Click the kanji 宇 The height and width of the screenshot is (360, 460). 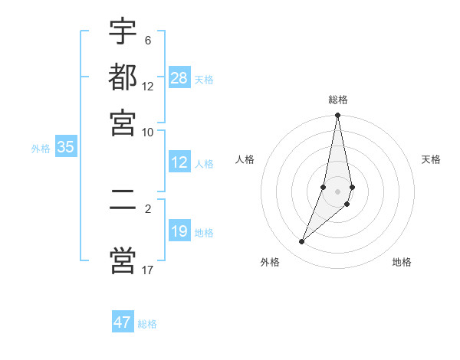[x=123, y=31]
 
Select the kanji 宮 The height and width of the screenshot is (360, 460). [x=123, y=122]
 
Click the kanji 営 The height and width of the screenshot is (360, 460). [x=123, y=259]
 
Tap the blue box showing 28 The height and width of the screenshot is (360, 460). [x=179, y=78]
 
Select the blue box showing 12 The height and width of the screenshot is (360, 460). [x=179, y=162]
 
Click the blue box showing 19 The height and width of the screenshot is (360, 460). [x=179, y=231]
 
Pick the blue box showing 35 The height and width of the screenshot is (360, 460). [x=65, y=148]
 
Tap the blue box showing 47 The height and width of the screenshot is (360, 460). [x=123, y=322]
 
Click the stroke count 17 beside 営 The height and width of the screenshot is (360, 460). [x=147, y=270]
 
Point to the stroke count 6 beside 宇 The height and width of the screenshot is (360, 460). [x=147, y=41]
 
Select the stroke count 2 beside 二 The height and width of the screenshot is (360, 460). [x=147, y=208]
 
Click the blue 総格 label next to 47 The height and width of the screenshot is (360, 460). [x=147, y=324]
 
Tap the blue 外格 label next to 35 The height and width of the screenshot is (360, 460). [x=40, y=149]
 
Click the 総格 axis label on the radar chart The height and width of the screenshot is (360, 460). [x=337, y=100]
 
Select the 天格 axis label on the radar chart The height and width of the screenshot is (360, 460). [x=431, y=159]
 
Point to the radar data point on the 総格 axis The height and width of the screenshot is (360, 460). [x=337, y=116]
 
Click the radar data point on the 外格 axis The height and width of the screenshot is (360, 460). [x=302, y=242]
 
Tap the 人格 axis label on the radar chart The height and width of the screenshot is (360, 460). [x=245, y=159]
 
